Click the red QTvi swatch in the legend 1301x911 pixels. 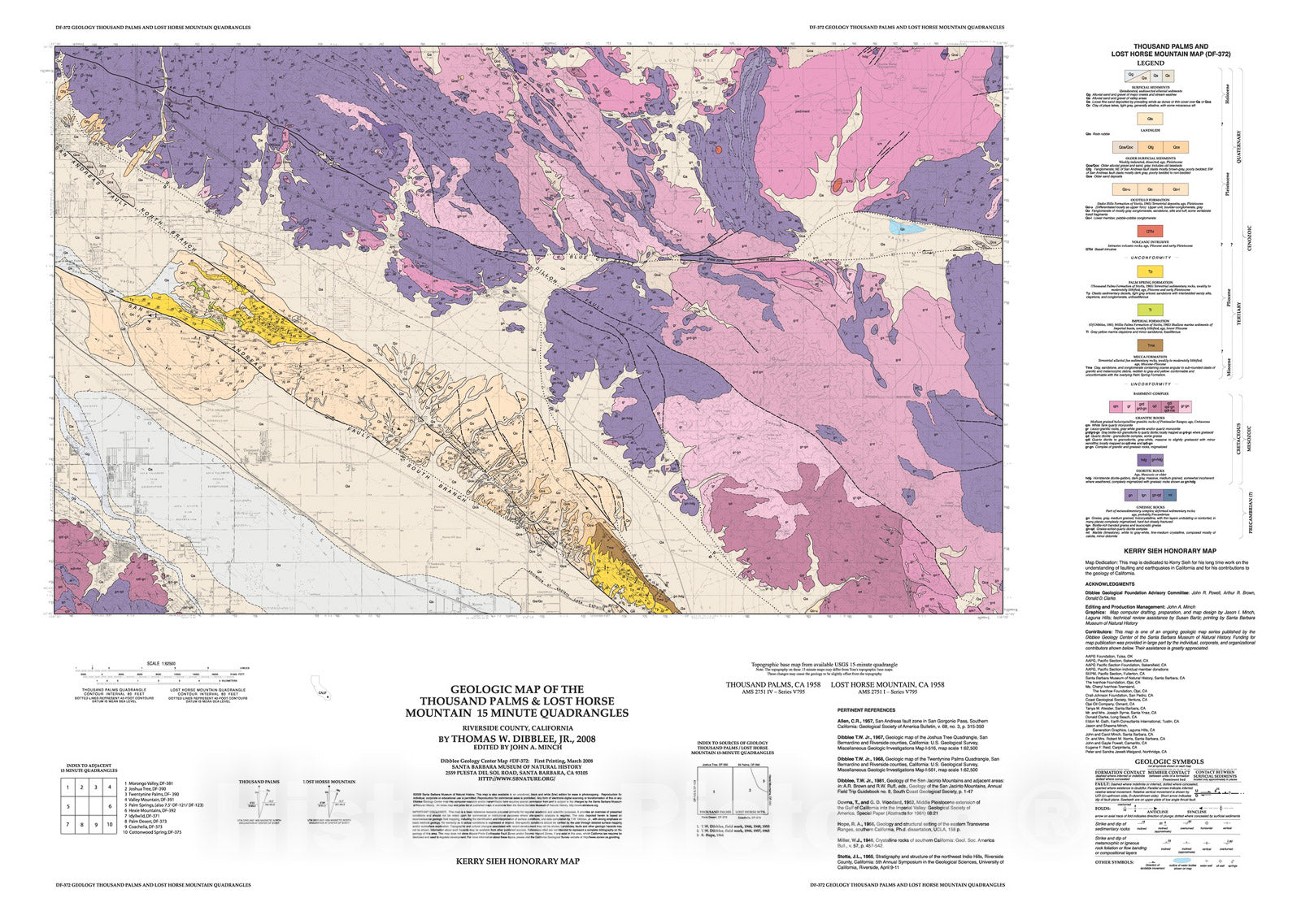(1150, 232)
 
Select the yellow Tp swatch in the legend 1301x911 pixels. (1150, 271)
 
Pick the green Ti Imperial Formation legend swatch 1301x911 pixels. (1150, 309)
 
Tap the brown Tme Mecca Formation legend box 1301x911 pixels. (1150, 345)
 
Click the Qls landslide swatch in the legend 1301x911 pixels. (1150, 119)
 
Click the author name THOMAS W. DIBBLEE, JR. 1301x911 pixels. (516, 740)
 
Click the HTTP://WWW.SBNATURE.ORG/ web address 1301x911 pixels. (516, 779)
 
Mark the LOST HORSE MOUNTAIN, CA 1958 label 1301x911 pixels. (887, 685)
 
